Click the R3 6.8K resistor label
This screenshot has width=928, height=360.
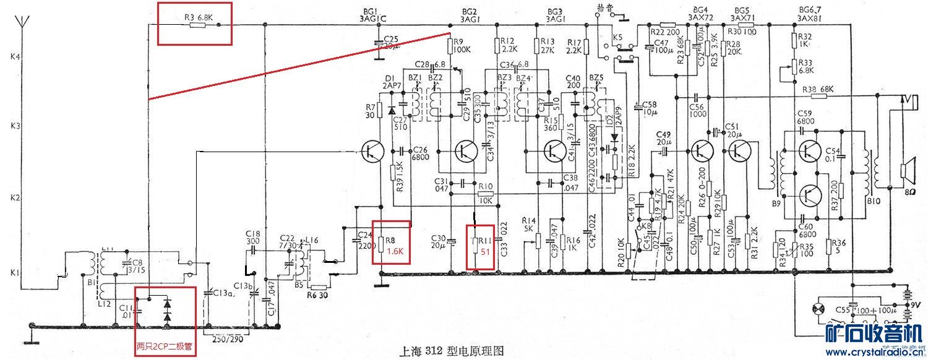click(x=198, y=17)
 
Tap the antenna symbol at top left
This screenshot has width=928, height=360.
click(x=19, y=25)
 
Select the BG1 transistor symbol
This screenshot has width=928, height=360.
click(x=373, y=150)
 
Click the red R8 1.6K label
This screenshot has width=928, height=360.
click(x=395, y=246)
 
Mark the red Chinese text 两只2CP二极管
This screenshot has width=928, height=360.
click(x=165, y=348)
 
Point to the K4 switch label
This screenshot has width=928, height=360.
click(x=15, y=56)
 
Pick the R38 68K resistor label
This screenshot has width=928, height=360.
click(x=818, y=90)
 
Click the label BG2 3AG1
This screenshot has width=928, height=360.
click(x=470, y=15)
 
